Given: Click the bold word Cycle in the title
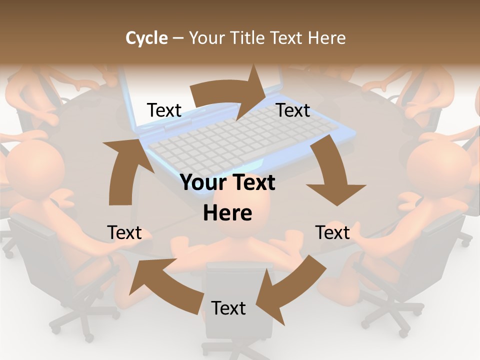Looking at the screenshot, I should click(146, 38).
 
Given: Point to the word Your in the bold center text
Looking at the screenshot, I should click(200, 182).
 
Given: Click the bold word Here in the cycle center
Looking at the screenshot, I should click(227, 213).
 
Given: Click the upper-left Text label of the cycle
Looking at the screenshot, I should click(164, 110).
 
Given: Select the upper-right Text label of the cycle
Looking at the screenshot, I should click(293, 110).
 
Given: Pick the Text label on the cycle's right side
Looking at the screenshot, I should click(332, 232).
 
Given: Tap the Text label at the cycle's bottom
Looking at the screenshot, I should click(228, 308).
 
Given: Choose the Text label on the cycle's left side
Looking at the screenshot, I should click(124, 232).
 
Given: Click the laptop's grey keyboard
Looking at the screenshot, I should click(240, 140).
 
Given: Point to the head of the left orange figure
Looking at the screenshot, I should click(37, 165).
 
